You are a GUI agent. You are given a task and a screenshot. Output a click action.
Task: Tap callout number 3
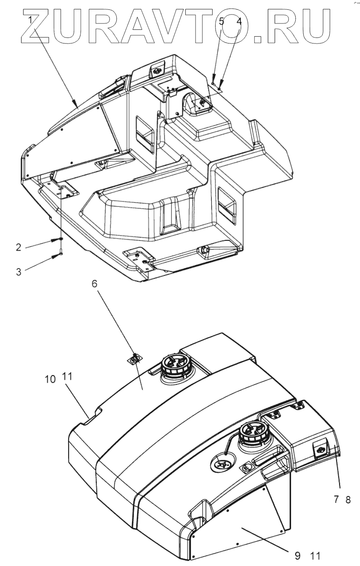click(x=19, y=271)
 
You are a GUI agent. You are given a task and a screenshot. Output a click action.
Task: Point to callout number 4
click(x=239, y=22)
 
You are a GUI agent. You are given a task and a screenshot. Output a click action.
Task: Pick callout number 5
click(x=222, y=22)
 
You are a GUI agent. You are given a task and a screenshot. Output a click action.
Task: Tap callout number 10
click(x=50, y=379)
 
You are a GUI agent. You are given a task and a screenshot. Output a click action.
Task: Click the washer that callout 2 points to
click(x=61, y=240)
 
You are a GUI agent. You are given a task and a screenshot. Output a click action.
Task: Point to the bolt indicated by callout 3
click(x=61, y=252)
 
